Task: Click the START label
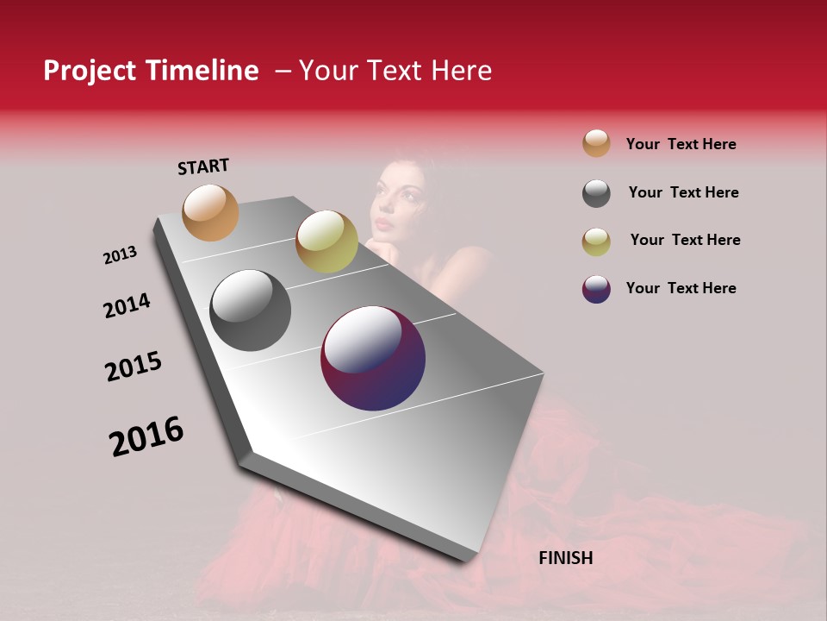tap(203, 166)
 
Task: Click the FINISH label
tap(566, 558)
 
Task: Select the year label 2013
tap(120, 255)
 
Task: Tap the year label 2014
tap(127, 305)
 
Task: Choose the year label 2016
tap(146, 436)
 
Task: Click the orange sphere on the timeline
tap(211, 212)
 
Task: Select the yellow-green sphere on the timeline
tap(326, 241)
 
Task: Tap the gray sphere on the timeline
tap(250, 310)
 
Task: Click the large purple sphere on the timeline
tap(373, 358)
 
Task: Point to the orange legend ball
tap(596, 143)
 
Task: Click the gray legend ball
tap(596, 193)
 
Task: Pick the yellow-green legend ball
tap(596, 241)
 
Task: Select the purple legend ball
tap(596, 289)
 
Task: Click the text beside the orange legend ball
tap(681, 144)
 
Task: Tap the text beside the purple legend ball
tap(681, 288)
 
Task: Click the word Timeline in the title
tap(202, 71)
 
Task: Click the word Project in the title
tap(90, 71)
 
